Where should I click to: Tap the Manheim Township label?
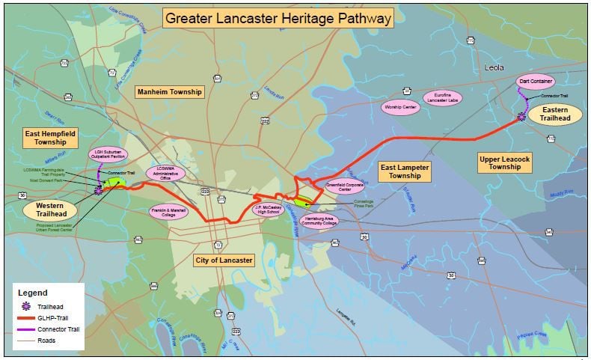tap(169, 92)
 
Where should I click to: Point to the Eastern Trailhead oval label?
tap(551, 114)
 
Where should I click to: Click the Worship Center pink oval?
tap(401, 107)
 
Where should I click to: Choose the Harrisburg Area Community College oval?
tap(319, 222)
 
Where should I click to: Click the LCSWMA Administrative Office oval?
tap(165, 173)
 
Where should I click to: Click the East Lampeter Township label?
tap(404, 171)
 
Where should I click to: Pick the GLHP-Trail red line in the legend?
tap(28, 318)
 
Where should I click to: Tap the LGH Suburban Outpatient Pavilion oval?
tap(107, 154)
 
